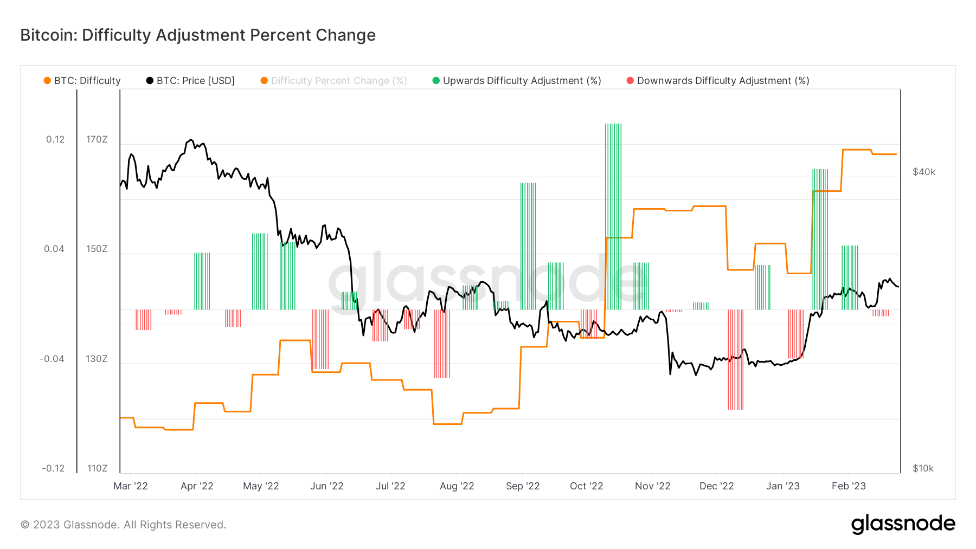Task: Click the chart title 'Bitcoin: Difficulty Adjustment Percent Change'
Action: (x=198, y=35)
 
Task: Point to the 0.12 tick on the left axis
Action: (x=55, y=139)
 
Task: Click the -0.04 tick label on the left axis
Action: (x=52, y=359)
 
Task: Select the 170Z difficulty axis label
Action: (x=97, y=139)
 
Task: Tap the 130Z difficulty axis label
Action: (x=97, y=359)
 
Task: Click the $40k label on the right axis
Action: (x=924, y=172)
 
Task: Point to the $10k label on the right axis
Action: (x=923, y=468)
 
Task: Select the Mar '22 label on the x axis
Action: (x=131, y=486)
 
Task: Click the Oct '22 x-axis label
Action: (x=586, y=486)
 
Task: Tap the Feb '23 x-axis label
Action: (x=849, y=486)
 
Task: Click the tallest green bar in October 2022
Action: (x=613, y=217)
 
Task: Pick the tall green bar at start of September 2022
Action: (x=528, y=247)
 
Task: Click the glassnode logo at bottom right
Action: (x=903, y=524)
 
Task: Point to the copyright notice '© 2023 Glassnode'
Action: (x=123, y=525)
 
